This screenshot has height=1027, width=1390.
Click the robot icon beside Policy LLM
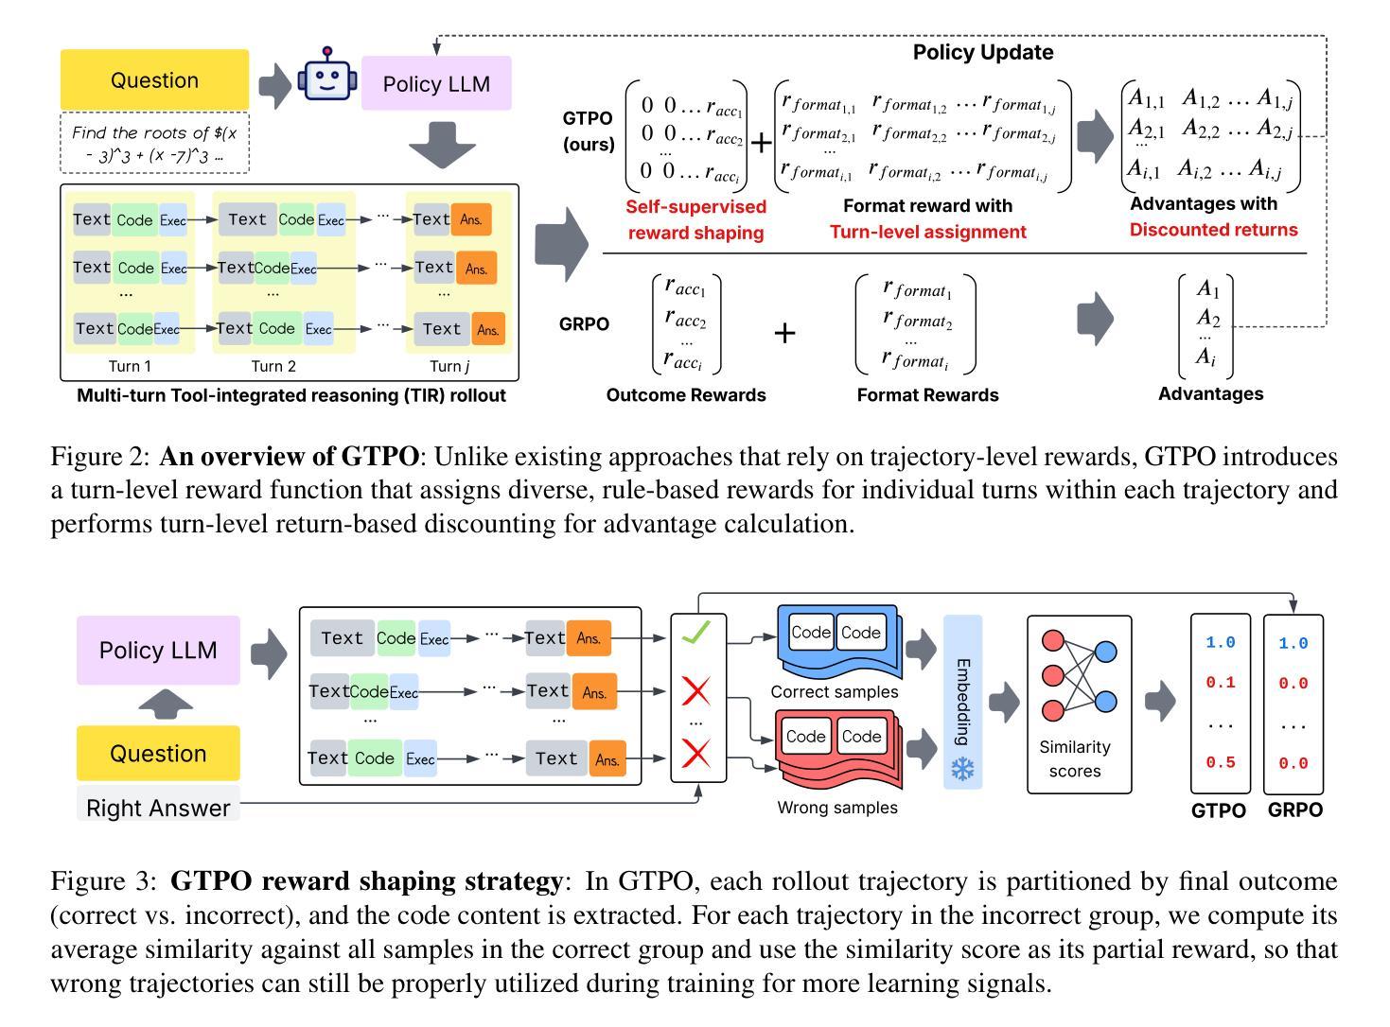tap(326, 76)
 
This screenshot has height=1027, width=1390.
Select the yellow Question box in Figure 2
tap(154, 80)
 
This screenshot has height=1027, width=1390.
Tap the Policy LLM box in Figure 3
tap(158, 651)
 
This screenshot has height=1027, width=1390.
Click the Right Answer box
tap(158, 808)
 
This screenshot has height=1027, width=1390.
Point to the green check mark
tap(696, 633)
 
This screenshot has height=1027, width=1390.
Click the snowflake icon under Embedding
tap(962, 770)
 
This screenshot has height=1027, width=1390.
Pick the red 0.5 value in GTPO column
tap(1221, 762)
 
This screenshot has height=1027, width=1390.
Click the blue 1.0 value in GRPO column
tap(1293, 643)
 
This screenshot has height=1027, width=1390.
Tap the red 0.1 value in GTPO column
tap(1221, 682)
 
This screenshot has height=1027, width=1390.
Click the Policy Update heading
tap(983, 52)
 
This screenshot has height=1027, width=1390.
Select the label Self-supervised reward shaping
tap(695, 219)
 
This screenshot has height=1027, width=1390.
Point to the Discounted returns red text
tap(1213, 230)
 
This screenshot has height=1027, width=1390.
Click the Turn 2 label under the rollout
tap(273, 366)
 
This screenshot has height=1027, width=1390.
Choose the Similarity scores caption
tap(1075, 758)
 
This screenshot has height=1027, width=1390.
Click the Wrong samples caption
tap(837, 808)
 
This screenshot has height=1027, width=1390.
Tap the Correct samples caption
tap(835, 691)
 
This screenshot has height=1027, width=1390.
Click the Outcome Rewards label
tap(686, 395)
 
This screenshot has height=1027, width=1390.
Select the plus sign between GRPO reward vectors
tap(784, 333)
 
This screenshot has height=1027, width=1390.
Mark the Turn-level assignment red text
tap(927, 232)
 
